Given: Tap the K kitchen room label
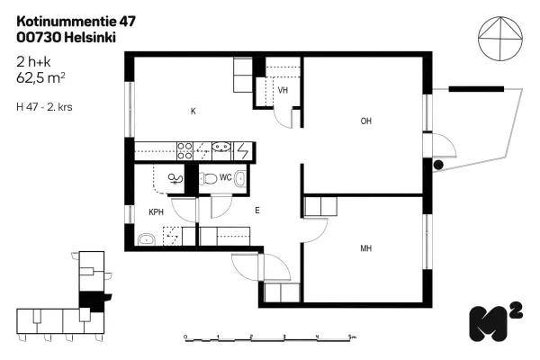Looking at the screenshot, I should click(193, 112).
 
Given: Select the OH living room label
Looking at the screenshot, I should click(366, 121).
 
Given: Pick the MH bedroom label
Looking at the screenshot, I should click(366, 249).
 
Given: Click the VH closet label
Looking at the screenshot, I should click(283, 91).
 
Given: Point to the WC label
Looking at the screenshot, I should click(225, 177).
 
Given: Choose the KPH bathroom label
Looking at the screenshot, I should click(156, 212).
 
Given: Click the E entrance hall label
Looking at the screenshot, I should click(256, 211).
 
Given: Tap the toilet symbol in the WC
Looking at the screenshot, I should click(206, 177).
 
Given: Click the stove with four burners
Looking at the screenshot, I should click(185, 149).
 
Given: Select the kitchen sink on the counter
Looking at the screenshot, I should click(223, 149).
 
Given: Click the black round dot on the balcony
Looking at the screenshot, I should click(438, 166).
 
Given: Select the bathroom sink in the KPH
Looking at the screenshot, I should click(146, 238).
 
